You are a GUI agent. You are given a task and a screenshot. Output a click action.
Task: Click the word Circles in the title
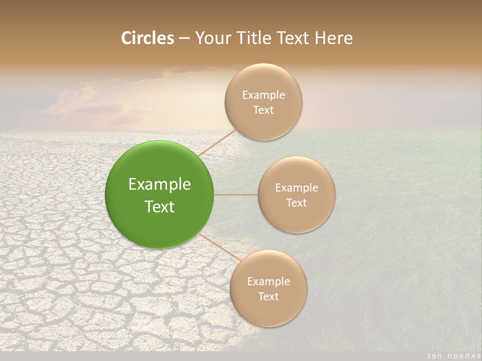point(147,38)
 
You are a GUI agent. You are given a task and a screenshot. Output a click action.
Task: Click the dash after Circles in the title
point(184,39)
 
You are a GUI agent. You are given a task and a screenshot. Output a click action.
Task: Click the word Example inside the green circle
point(160,184)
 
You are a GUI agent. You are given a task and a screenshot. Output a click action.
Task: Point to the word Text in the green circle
point(160,207)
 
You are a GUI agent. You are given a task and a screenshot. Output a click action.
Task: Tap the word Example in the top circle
point(263,95)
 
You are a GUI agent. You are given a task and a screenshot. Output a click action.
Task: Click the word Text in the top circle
point(263,110)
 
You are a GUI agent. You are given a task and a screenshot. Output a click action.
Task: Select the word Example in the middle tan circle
point(296,188)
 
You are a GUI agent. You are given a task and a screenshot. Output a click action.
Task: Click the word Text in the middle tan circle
point(296,203)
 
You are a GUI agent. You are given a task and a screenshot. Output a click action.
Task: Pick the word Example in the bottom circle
point(268,281)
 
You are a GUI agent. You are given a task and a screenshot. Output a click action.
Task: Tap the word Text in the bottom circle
point(268,296)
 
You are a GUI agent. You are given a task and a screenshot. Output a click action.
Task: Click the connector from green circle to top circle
point(217,142)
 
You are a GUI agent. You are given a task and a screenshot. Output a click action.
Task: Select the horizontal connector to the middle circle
point(235,195)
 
